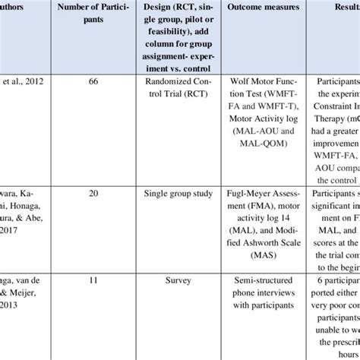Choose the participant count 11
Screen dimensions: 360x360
[x=93, y=280]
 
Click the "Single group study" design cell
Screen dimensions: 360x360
[x=177, y=194]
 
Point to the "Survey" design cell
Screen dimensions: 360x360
[x=177, y=280]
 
